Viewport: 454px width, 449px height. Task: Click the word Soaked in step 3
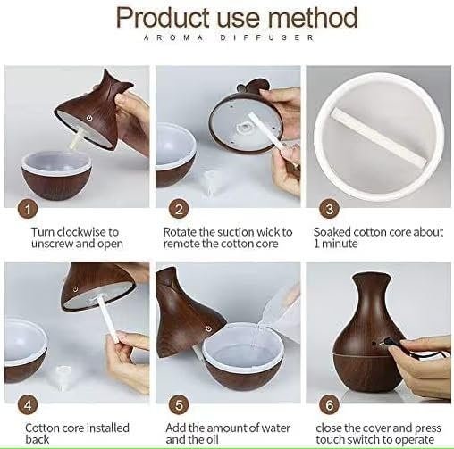(332, 231)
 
